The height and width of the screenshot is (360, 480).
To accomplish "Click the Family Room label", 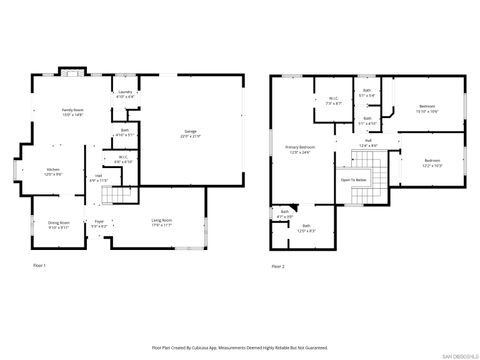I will coord(73,112).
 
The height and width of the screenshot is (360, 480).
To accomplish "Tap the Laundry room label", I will coord(125,94).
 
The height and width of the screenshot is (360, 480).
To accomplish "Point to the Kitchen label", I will coord(53,171).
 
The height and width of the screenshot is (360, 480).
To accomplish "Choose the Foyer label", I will coord(99,223).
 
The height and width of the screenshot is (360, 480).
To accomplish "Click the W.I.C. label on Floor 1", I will coord(122,158).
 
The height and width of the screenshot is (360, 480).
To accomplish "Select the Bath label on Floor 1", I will coord(125,131).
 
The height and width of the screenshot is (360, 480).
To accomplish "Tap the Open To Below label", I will coord(352,180).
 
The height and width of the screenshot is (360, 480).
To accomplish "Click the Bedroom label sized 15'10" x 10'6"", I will coord(427,107).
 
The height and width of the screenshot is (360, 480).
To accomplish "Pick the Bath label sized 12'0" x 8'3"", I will coord(306,228).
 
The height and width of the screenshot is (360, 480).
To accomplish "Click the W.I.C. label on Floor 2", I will coord(333,100).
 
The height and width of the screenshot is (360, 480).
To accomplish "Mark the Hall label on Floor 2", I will coord(368,144).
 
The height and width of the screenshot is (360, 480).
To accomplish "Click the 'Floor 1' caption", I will coord(40,265).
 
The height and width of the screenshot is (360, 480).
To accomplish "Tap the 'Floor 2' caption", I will coord(278,267).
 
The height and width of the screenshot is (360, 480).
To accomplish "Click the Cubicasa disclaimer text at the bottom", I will coord(240,348).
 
